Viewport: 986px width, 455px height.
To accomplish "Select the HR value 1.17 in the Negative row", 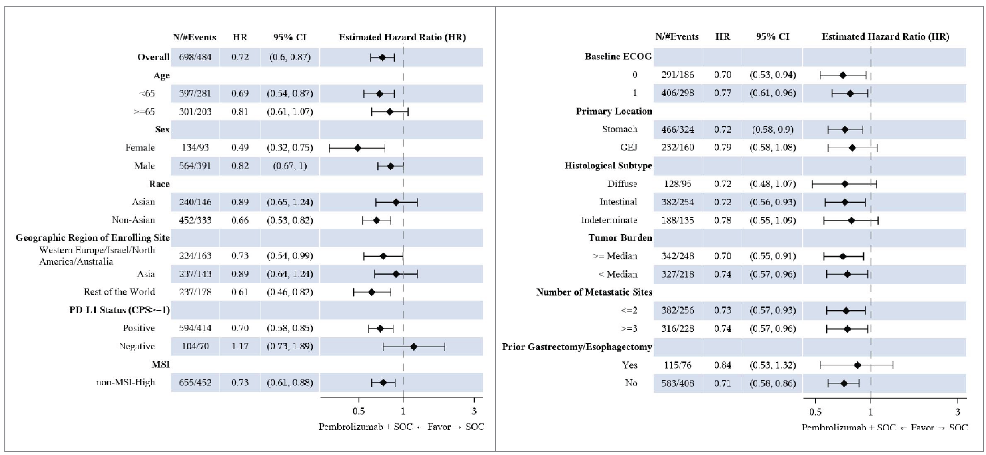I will [x=240, y=346].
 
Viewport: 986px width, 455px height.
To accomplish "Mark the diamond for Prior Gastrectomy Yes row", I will [x=857, y=365].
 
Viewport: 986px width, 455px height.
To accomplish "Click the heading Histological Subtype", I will [x=608, y=166].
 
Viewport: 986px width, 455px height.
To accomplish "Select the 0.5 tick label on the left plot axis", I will [x=358, y=411].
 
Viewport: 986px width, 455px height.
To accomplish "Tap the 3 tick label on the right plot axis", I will [x=958, y=412].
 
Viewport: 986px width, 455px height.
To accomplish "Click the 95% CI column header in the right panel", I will [x=772, y=37].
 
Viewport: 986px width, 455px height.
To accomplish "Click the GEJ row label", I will [x=628, y=147].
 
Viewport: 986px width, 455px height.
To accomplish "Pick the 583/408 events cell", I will [x=678, y=383].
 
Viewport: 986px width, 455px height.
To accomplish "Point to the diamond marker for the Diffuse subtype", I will [x=845, y=184].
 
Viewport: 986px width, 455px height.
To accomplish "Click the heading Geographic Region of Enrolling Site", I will [x=93, y=238].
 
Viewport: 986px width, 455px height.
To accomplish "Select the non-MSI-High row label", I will [x=126, y=382].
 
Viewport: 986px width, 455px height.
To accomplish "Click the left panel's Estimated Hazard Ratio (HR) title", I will [x=402, y=37].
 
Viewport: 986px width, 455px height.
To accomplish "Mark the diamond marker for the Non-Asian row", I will [x=376, y=220].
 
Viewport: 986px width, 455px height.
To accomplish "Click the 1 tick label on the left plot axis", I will [x=403, y=411].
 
